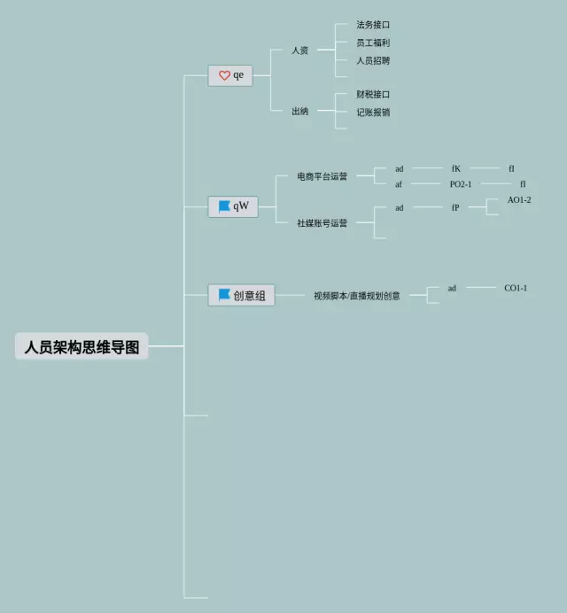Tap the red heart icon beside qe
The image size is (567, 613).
pos(224,76)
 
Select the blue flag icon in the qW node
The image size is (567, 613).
pos(224,206)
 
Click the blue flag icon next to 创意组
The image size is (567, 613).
pos(224,295)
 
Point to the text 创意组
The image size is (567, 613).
pos(249,296)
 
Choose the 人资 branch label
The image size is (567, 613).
pos(300,50)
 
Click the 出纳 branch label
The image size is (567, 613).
pos(300,111)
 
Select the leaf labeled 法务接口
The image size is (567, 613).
pos(373,25)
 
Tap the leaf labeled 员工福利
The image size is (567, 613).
pos(373,43)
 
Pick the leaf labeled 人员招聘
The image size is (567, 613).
pos(373,61)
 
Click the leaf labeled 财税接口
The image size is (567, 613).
pos(373,94)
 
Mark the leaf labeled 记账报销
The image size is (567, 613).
pos(373,113)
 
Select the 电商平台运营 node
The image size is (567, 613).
pos(322,176)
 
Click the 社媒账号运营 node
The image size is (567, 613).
pos(322,223)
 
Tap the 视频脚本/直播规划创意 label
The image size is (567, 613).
pos(357,296)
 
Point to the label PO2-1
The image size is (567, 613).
pos(461,184)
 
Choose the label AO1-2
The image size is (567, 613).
pos(519,200)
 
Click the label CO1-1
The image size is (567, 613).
pos(516,288)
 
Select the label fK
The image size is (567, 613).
pos(456,168)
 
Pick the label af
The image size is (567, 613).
pos(399,184)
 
